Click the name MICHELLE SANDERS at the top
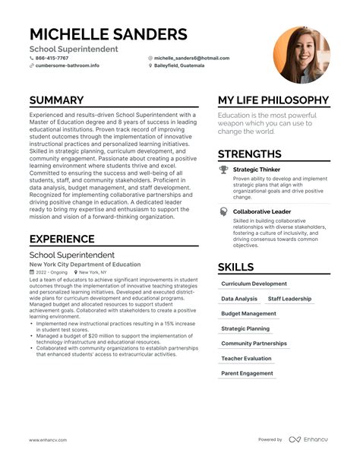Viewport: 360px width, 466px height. click(108, 34)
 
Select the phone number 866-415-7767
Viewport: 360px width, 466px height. click(52, 58)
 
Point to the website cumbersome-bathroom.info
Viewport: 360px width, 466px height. click(67, 66)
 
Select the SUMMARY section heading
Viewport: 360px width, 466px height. click(56, 100)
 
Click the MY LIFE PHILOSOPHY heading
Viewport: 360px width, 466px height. click(273, 100)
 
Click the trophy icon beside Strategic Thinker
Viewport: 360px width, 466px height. click(224, 170)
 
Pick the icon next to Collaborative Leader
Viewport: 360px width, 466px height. click(224, 211)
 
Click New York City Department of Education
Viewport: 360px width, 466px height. click(84, 264)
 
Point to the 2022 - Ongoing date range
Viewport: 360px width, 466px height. click(50, 271)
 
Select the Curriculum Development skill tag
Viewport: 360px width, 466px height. click(254, 284)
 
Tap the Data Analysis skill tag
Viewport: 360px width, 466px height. click(238, 299)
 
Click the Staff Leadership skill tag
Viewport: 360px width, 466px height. click(289, 299)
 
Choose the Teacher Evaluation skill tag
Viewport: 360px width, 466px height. click(246, 358)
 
